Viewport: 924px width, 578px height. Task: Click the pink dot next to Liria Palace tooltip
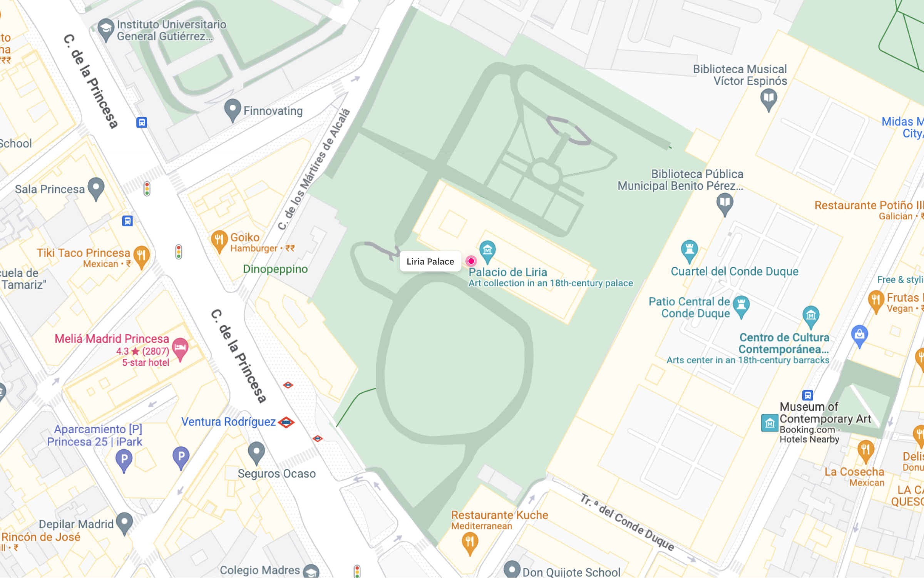click(x=471, y=261)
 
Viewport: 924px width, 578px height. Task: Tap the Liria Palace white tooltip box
click(x=430, y=261)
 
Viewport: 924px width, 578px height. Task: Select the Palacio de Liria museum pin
click(x=487, y=250)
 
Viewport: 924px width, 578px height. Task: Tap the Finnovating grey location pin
click(x=233, y=109)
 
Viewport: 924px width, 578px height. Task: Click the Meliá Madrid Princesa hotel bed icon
click(x=180, y=348)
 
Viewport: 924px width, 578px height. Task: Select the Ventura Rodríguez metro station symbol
click(x=286, y=422)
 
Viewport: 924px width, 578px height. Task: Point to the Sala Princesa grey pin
click(x=96, y=187)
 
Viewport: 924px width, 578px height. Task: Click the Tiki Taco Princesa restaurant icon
click(x=141, y=255)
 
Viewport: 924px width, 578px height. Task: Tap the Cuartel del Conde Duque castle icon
click(x=689, y=250)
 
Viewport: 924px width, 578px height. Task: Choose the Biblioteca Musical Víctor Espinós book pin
click(x=768, y=98)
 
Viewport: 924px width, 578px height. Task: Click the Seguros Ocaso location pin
click(x=256, y=452)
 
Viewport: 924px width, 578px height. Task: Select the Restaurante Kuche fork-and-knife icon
click(x=470, y=542)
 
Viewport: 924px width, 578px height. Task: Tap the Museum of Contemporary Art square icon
click(x=770, y=423)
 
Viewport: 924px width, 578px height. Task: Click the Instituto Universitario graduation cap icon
click(x=105, y=28)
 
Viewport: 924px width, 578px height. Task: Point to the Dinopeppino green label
click(x=275, y=269)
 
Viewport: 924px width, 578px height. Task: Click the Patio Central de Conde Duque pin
click(x=741, y=305)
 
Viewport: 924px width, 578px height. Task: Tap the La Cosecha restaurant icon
click(x=865, y=450)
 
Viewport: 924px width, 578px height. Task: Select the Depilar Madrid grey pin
click(x=124, y=522)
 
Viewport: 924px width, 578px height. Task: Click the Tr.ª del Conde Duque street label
click(x=627, y=523)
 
